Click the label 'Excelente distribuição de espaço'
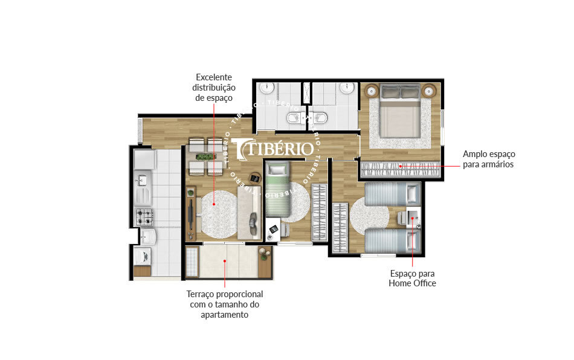pos(214,88)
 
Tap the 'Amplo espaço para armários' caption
pos(488,159)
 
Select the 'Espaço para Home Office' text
pos(412,278)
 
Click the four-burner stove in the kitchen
pos(144,215)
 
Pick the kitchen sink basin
pos(143,179)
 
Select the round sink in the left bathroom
pos(267,89)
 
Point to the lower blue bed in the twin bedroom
pos(392,240)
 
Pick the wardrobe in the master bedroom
pos(399,169)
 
